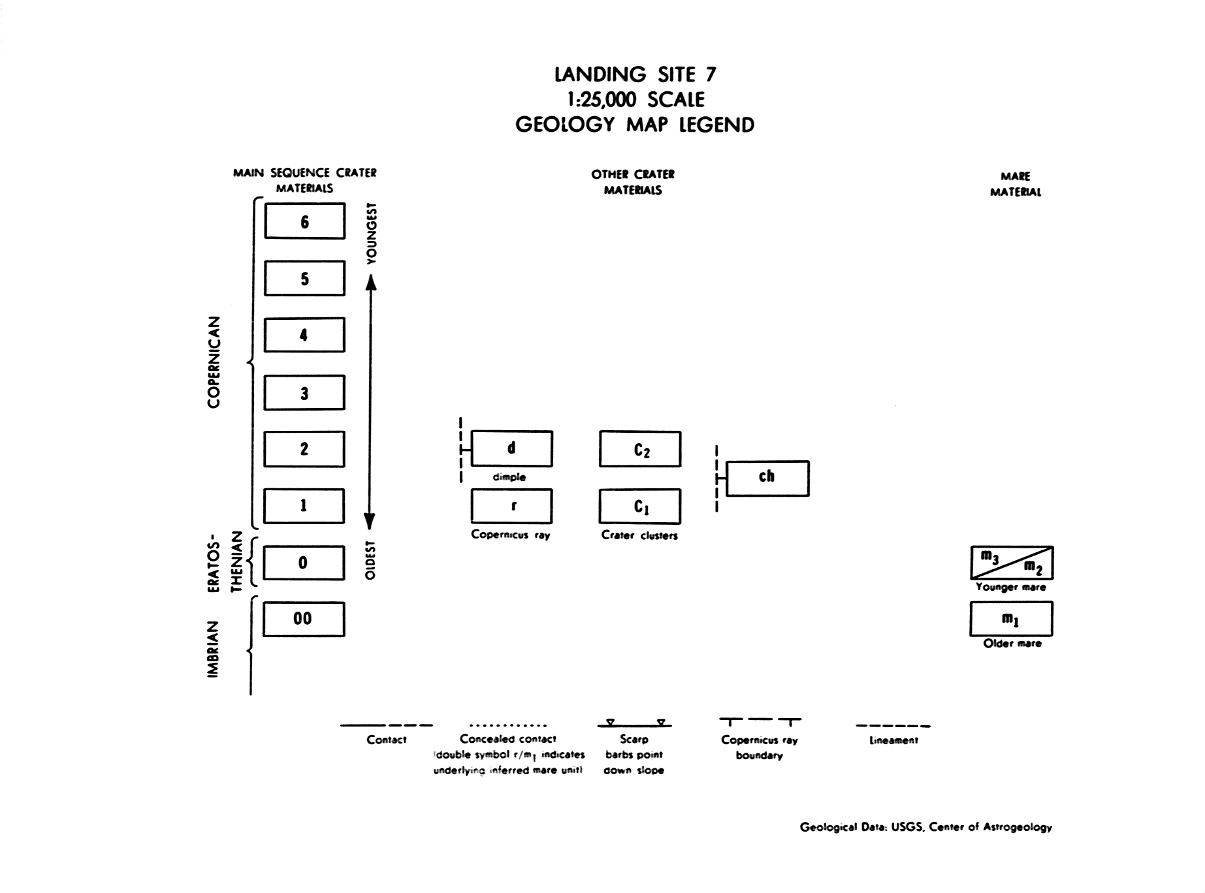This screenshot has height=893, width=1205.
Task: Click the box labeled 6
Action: click(304, 221)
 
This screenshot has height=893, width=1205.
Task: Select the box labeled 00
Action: click(303, 619)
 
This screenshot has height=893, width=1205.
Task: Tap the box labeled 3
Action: click(304, 392)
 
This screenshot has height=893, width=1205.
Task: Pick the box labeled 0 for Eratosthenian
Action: click(303, 563)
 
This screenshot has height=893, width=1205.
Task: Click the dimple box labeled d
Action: click(511, 448)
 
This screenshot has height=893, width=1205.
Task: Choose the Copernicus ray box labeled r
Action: click(511, 506)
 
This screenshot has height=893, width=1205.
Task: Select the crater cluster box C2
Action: click(640, 449)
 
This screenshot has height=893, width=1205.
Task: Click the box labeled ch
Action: click(767, 478)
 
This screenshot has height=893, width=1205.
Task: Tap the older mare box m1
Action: click(1011, 619)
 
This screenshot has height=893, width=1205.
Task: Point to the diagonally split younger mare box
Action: click(1011, 563)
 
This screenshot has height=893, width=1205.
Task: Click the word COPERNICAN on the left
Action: click(214, 362)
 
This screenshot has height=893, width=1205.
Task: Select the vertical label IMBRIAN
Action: click(213, 649)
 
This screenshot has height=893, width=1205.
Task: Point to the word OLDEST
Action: click(371, 560)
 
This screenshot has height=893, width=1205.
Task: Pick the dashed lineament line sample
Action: click(893, 726)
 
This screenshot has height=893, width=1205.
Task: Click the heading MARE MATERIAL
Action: click(1015, 184)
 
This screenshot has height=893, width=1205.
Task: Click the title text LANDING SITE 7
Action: click(635, 74)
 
